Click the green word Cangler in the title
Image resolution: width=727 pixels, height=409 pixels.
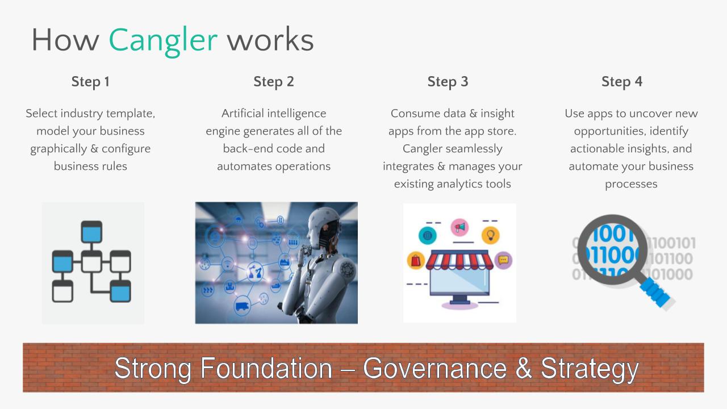(163, 41)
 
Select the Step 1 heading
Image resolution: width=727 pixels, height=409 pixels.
(90, 82)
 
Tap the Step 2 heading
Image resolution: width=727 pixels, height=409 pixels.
(274, 82)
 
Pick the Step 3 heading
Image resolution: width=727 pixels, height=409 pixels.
(448, 82)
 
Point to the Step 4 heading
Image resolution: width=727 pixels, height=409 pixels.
(622, 82)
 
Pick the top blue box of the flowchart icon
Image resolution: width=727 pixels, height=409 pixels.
(91, 232)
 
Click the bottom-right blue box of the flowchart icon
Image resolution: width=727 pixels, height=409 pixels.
(120, 291)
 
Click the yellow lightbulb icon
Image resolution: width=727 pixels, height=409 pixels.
(490, 235)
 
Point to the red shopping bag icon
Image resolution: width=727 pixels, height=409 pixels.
(416, 260)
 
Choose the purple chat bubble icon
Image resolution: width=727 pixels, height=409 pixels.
(503, 260)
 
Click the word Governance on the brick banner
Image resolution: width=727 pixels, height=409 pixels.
(435, 369)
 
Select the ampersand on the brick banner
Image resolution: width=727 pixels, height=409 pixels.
(524, 368)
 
